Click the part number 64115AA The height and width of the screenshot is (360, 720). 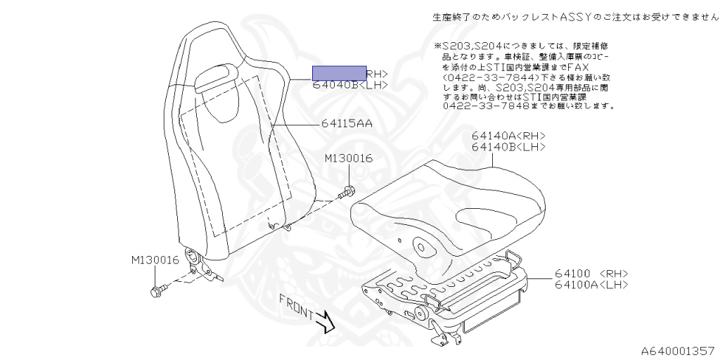point(347,124)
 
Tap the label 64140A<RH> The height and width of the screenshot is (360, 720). point(508,136)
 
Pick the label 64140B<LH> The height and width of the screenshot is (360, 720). point(508,147)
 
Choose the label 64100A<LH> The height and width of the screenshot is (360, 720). point(591,285)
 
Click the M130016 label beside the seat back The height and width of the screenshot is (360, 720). point(348,159)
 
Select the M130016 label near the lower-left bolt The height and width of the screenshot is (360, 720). point(155,260)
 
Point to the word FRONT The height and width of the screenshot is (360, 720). point(295,304)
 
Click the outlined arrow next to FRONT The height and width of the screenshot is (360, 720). point(324,322)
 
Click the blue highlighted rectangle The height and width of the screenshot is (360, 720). point(339,72)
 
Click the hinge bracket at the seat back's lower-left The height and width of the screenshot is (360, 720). point(198,263)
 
